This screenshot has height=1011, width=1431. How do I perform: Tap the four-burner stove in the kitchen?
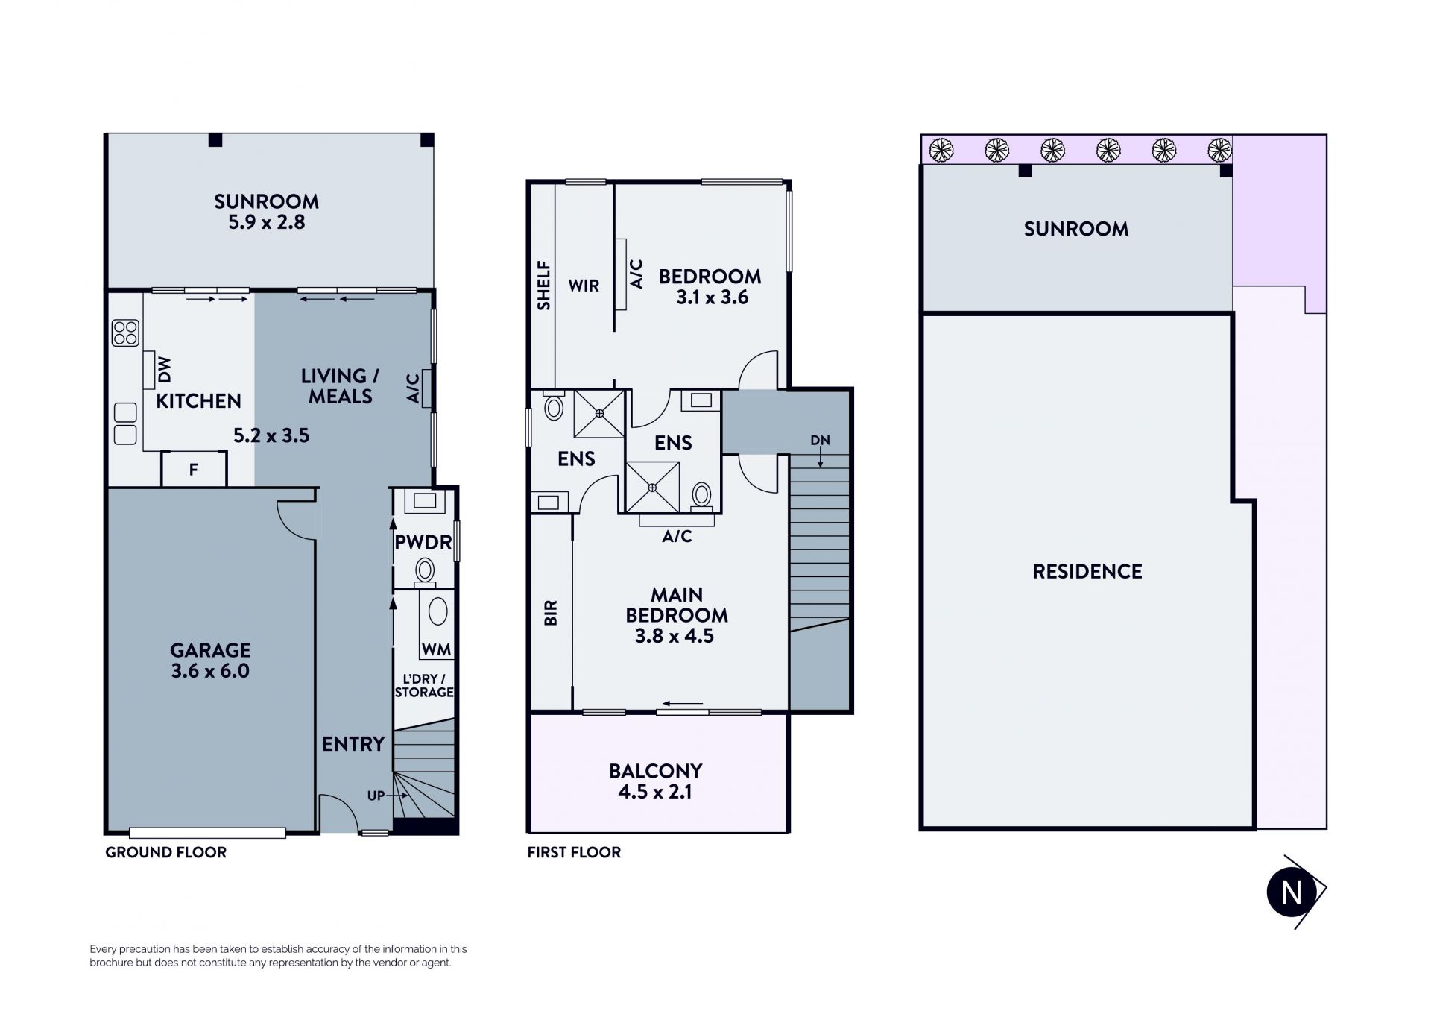tap(125, 333)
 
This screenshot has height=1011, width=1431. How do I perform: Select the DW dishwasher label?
tap(165, 368)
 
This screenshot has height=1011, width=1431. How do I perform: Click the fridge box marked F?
tap(194, 469)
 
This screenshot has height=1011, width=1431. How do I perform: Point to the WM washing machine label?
tap(436, 649)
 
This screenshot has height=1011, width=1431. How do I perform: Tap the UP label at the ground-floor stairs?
tap(376, 796)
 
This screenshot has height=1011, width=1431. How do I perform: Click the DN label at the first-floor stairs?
tap(820, 440)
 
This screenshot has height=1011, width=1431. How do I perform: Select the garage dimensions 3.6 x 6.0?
tap(210, 670)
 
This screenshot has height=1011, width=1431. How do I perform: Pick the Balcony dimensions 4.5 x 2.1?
tap(655, 791)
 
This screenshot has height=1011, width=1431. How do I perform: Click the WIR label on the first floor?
tap(584, 286)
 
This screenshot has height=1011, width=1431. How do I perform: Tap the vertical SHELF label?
tap(544, 285)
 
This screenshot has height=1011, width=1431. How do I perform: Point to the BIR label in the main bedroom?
tap(551, 613)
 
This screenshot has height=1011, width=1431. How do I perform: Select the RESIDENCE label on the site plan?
tap(1087, 571)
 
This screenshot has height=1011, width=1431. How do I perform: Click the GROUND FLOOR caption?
tap(165, 852)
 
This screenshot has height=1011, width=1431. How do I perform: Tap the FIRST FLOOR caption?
tap(574, 852)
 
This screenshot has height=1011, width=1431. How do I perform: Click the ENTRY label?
tap(353, 743)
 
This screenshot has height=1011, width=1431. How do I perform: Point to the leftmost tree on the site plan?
tap(941, 150)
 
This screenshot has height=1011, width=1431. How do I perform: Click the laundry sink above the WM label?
tap(438, 611)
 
